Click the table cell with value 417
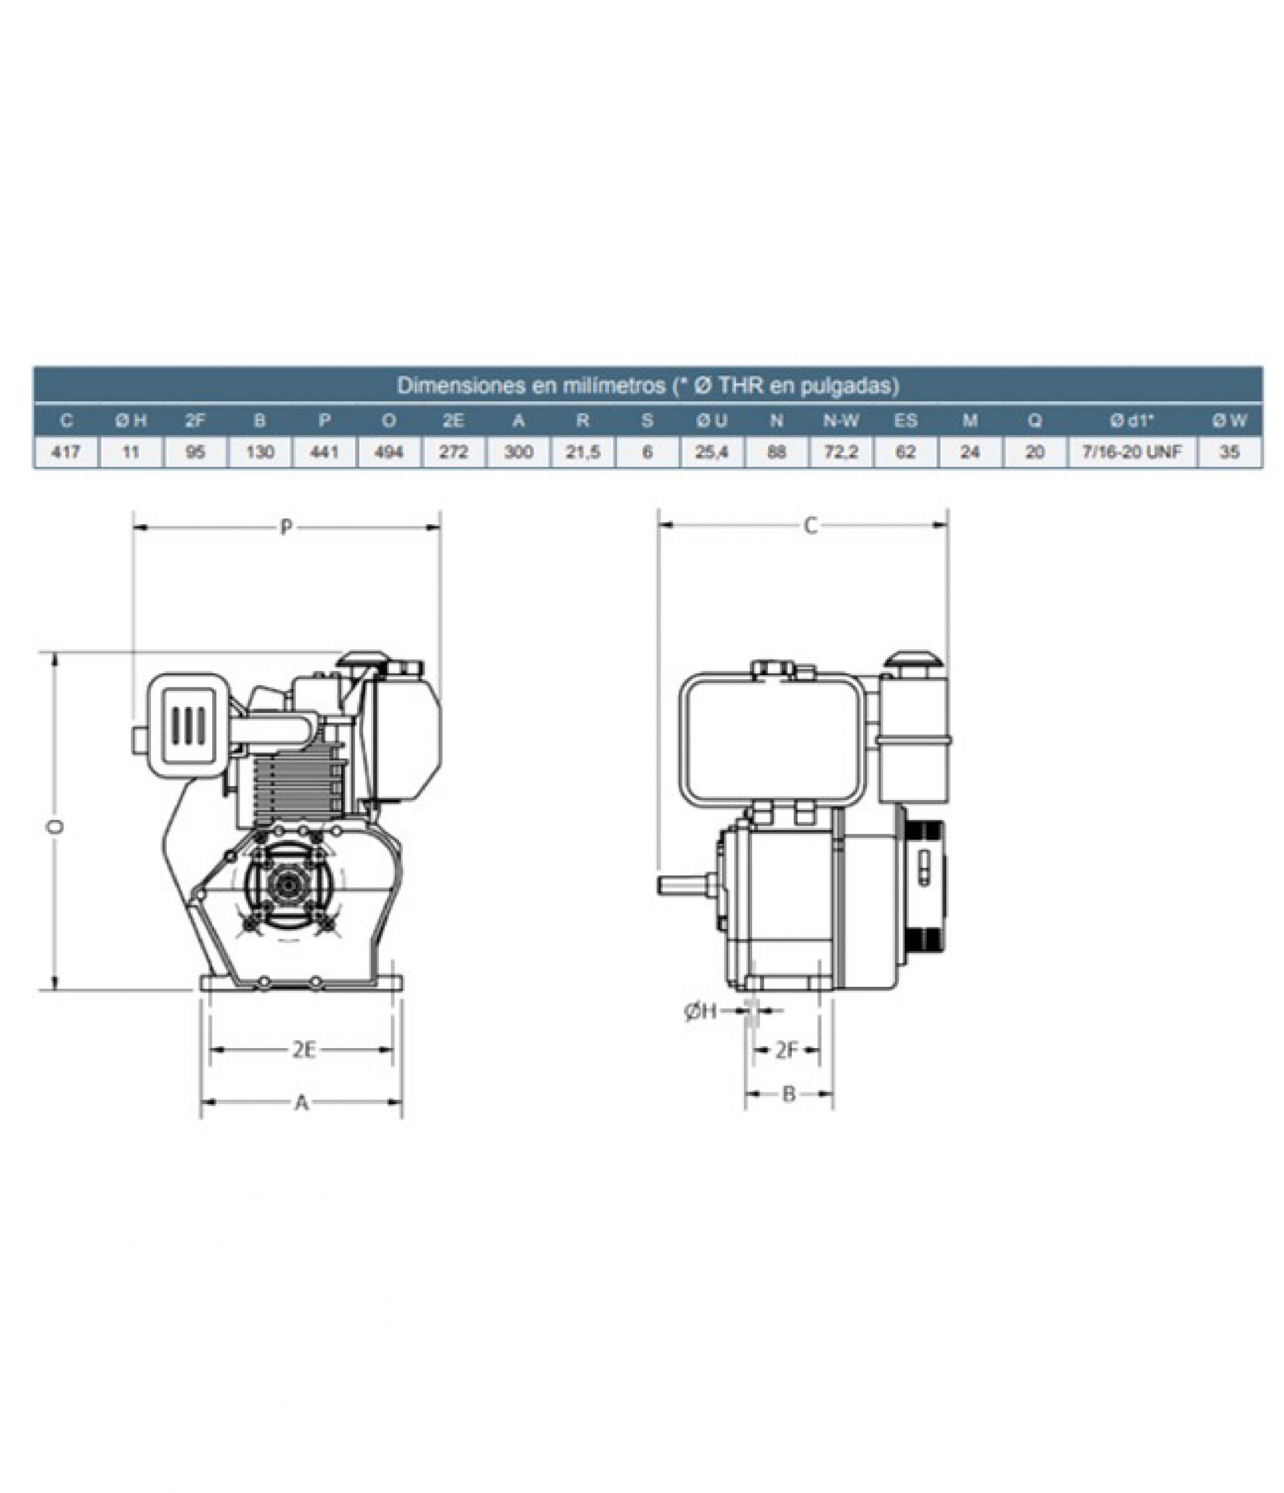point(66,453)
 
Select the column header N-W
point(840,420)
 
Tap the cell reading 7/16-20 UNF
point(1132,453)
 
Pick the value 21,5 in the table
point(583,453)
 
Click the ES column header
point(905,420)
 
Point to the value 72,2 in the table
point(840,453)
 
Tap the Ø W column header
point(1229,420)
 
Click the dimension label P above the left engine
point(286,528)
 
